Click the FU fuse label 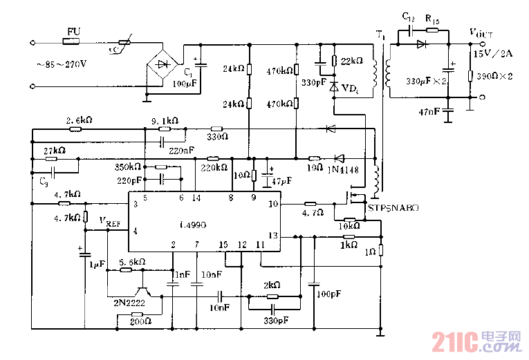(x=73, y=32)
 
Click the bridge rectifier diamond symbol (x=162, y=64)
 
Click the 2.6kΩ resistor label (x=79, y=120)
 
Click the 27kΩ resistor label (x=54, y=151)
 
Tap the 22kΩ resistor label (x=351, y=61)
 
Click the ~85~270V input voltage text (x=63, y=64)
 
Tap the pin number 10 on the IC (x=272, y=204)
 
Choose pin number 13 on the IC (x=272, y=236)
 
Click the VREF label (x=111, y=221)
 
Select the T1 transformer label (x=380, y=33)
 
